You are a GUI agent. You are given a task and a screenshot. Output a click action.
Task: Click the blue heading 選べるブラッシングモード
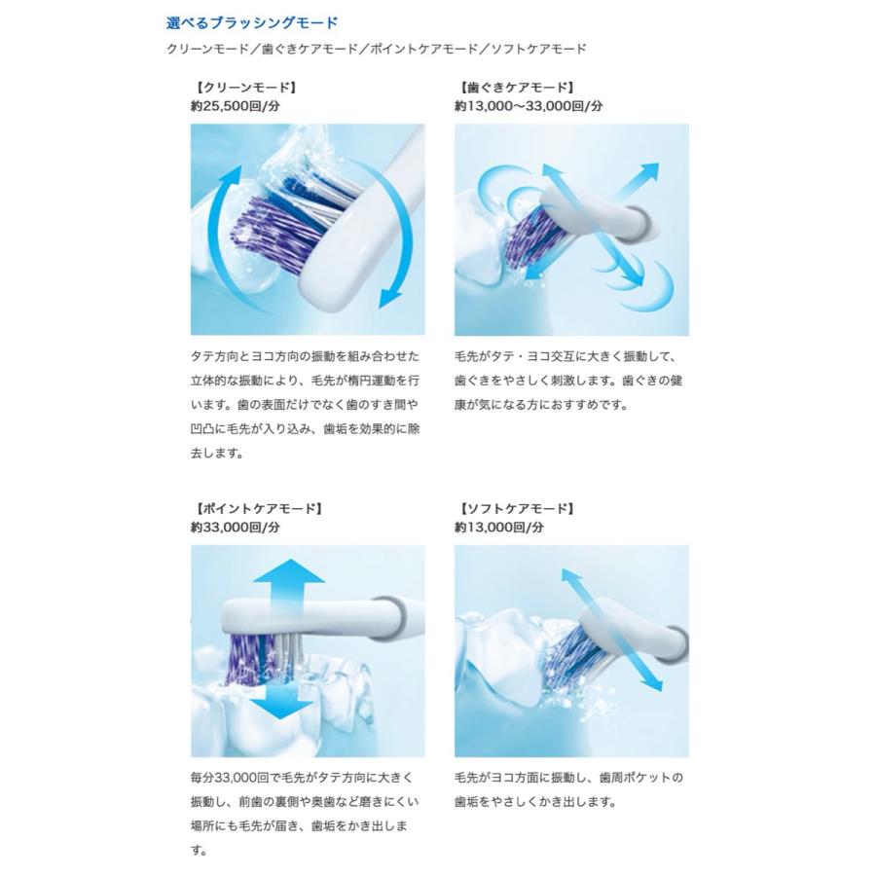[x=252, y=21]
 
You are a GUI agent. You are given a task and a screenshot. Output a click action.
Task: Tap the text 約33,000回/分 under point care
[x=235, y=528]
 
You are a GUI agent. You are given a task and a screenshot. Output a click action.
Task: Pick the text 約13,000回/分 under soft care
[x=498, y=528]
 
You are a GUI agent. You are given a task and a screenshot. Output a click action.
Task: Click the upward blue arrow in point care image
[x=288, y=576]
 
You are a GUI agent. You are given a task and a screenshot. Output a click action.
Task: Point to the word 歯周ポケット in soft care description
[x=637, y=778]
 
